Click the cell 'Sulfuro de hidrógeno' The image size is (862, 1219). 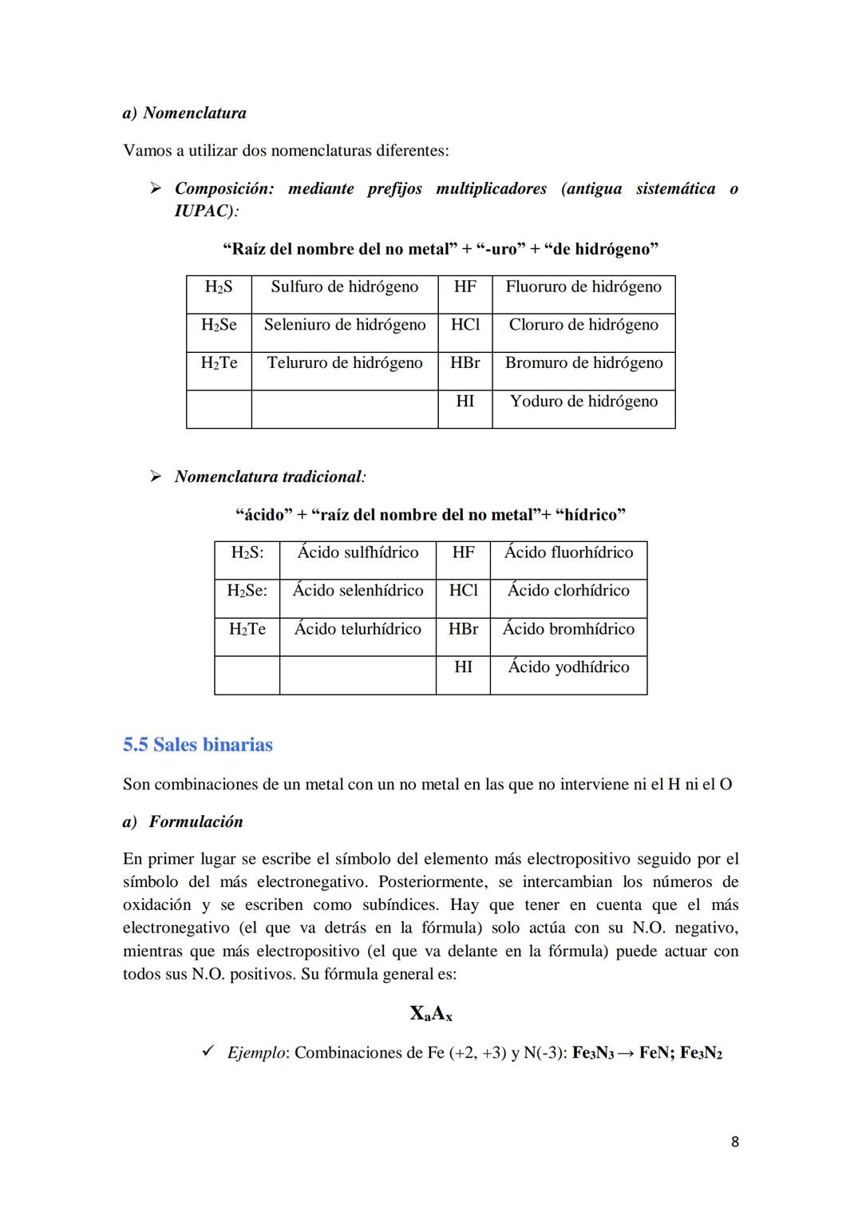coord(344,287)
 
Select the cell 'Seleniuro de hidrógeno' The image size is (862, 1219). coord(344,325)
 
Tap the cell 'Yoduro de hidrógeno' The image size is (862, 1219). coord(583,401)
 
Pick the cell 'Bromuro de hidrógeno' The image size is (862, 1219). coord(583,362)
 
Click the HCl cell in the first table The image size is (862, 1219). coord(465,325)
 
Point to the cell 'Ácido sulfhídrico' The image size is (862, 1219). coord(358,552)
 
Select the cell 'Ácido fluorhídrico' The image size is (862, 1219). coord(568,552)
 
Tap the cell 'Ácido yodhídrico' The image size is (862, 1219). coord(568,667)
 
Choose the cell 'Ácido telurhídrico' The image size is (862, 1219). coord(358,629)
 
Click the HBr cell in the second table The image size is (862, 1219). coord(463,629)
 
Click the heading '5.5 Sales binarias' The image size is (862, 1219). coord(198,745)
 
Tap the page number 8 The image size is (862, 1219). coord(734,1142)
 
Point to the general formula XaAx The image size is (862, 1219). coord(431,1014)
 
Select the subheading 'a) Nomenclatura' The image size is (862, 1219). coord(184,113)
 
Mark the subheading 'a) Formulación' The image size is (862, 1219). coord(183,821)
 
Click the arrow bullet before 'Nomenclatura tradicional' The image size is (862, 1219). coord(156,477)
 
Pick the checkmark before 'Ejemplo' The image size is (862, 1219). coord(208,1051)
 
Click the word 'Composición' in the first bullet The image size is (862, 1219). coord(223,188)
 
